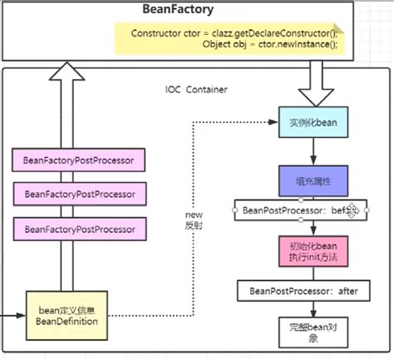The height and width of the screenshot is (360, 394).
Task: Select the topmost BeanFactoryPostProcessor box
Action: [79, 158]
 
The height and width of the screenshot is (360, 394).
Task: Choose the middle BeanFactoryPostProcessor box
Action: [79, 193]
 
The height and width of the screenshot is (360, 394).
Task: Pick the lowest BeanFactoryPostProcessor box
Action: [79, 227]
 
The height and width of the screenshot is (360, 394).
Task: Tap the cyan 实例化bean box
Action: [313, 122]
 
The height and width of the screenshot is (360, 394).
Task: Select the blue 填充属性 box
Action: [313, 180]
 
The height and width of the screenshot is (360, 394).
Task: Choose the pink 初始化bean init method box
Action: [313, 251]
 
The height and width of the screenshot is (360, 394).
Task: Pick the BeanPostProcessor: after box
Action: [303, 292]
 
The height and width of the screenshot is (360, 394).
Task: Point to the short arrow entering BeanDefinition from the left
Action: [12, 315]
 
